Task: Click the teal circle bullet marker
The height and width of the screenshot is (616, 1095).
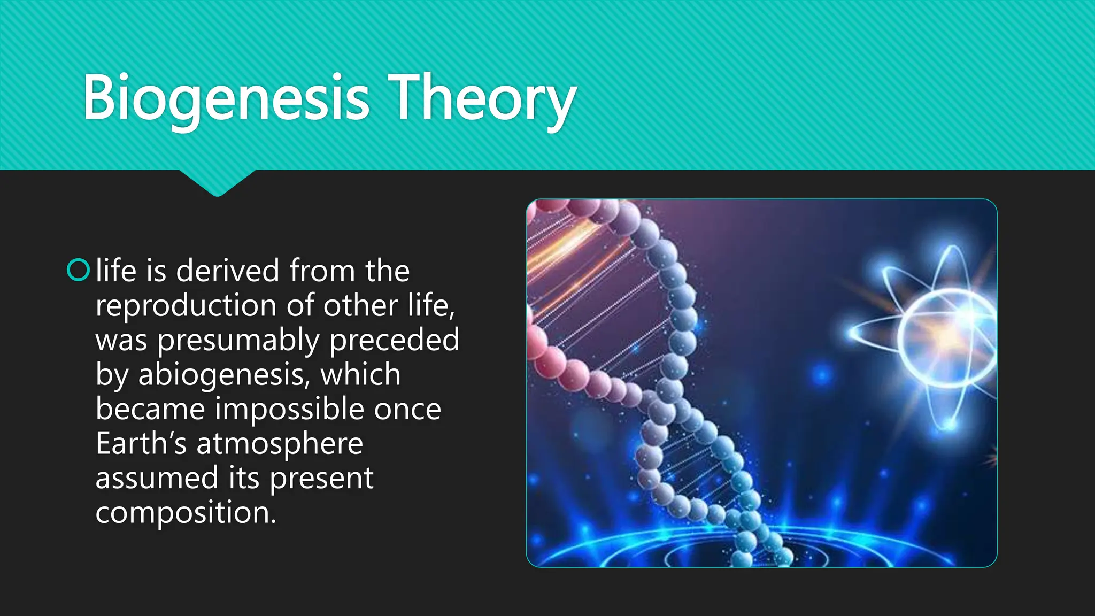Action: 78,270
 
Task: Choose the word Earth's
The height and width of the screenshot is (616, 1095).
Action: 141,443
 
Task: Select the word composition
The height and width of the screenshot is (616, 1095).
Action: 185,513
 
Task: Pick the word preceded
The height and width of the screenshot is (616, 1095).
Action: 394,341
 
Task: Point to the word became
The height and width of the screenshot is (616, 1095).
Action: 150,409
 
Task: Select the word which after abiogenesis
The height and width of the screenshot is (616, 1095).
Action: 360,374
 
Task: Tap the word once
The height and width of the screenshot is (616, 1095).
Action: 407,409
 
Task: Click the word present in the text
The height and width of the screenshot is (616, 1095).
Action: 321,478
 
